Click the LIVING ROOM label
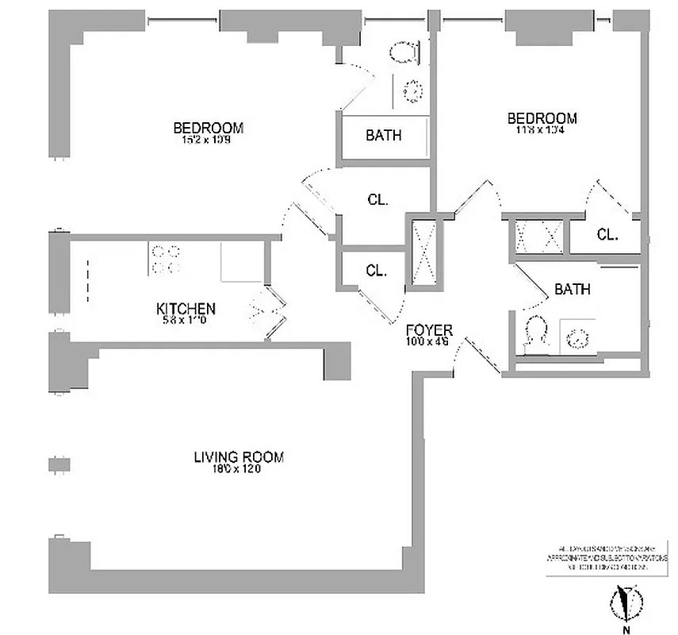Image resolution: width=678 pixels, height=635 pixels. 238,457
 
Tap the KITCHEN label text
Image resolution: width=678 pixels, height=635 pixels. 186,309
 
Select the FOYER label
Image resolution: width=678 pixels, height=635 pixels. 428,330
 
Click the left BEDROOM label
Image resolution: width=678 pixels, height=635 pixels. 208,128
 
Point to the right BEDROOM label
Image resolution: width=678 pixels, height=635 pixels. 542,119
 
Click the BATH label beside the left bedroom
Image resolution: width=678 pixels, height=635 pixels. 383,136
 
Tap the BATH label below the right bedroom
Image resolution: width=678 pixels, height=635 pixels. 572,290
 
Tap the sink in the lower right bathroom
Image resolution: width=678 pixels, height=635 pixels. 576,337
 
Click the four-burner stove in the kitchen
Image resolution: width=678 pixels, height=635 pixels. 165,260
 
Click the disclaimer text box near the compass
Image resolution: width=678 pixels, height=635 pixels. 603,559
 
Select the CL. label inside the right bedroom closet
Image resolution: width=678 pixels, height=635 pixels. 607,235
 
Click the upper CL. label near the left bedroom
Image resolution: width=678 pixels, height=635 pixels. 377,201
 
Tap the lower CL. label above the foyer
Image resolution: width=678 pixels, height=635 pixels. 376,271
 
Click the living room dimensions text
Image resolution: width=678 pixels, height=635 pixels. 238,469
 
